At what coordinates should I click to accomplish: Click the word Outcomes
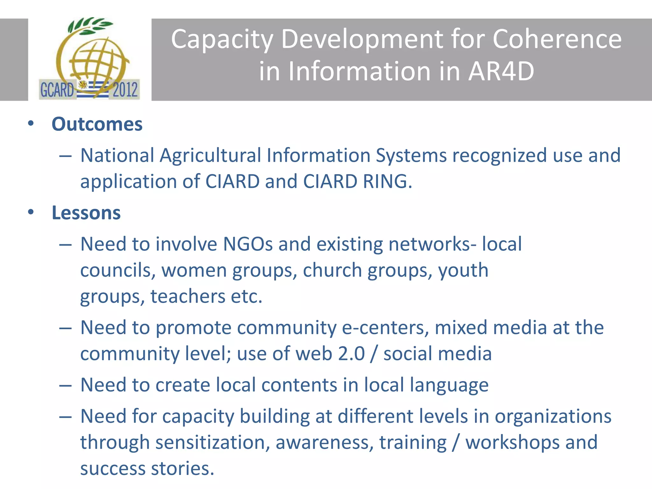point(97,124)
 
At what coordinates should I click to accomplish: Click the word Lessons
point(86,213)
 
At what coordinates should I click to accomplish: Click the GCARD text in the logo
point(57,90)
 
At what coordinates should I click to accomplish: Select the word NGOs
point(248,244)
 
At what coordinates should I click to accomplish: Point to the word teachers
point(188,296)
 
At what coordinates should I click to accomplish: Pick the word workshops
point(513,443)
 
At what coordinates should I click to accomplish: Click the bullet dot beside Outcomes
point(31,124)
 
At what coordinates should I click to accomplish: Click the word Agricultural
point(210,155)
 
